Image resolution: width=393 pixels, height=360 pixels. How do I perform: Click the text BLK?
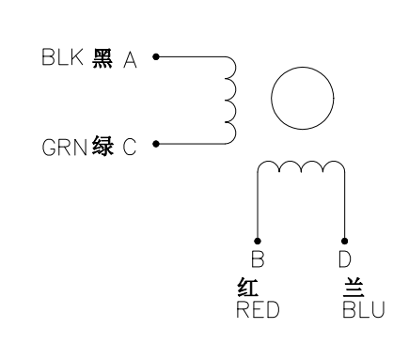click(62, 57)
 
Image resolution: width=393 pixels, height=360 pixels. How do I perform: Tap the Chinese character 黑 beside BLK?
click(103, 57)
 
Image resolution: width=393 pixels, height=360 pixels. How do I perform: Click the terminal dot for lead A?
click(155, 57)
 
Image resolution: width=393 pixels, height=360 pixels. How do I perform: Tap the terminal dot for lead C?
click(155, 146)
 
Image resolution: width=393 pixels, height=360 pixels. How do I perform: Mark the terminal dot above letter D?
click(344, 243)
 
